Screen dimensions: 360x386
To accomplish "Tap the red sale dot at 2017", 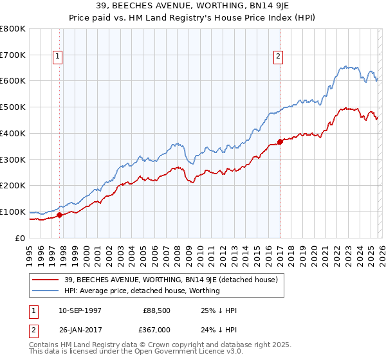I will click(x=280, y=141).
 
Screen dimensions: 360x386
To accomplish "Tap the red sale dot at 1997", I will click(x=59, y=215).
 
